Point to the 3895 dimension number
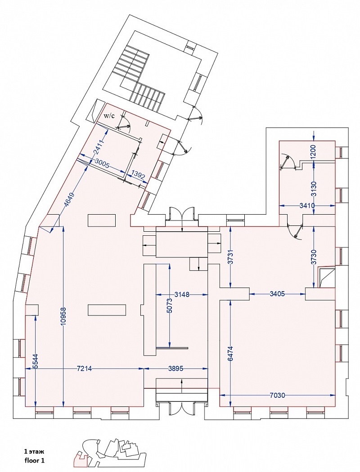coord(176,369)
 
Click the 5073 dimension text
coord(169,306)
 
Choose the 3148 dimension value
coord(182,294)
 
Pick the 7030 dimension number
coord(277,395)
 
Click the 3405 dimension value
coord(277,294)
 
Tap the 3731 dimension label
coord(231,257)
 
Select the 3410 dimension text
coord(307,206)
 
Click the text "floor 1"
coord(35,460)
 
